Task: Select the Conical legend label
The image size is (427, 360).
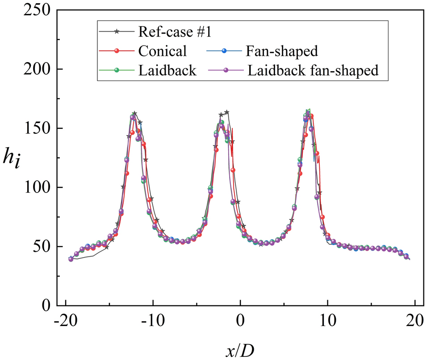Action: [x=162, y=51]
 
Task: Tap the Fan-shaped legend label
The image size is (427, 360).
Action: [x=282, y=51]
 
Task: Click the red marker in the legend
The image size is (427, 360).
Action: [x=117, y=51]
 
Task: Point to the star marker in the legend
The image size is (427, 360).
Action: [x=117, y=32]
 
